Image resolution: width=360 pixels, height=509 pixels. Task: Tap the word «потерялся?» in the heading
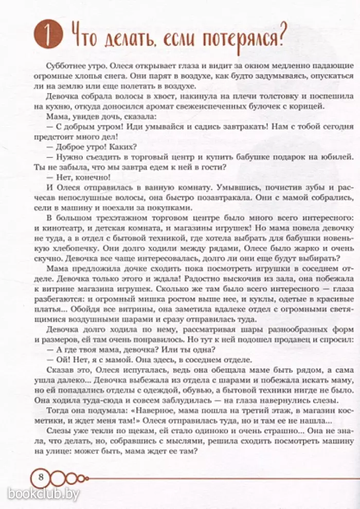click(x=241, y=37)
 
